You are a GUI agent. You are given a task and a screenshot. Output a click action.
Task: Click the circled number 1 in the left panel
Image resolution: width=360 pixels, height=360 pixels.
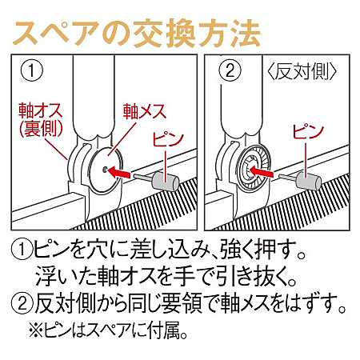30,72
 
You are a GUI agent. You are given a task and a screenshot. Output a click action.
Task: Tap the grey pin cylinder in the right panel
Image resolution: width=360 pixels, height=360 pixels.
309,181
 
